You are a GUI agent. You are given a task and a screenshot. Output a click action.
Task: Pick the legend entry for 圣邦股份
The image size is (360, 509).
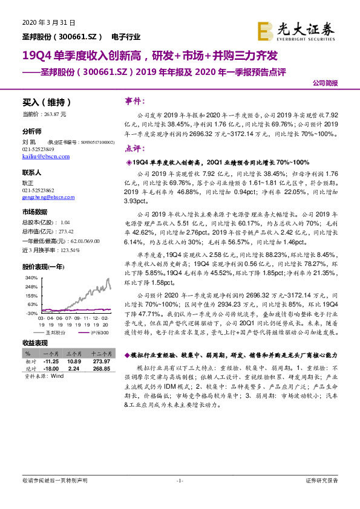(54, 333)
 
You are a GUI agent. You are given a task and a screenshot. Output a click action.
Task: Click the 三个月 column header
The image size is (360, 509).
(74, 353)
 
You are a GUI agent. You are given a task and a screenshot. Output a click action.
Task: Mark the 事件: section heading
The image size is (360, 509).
(134, 100)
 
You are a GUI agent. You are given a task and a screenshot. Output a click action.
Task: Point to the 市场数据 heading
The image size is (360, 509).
(35, 212)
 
